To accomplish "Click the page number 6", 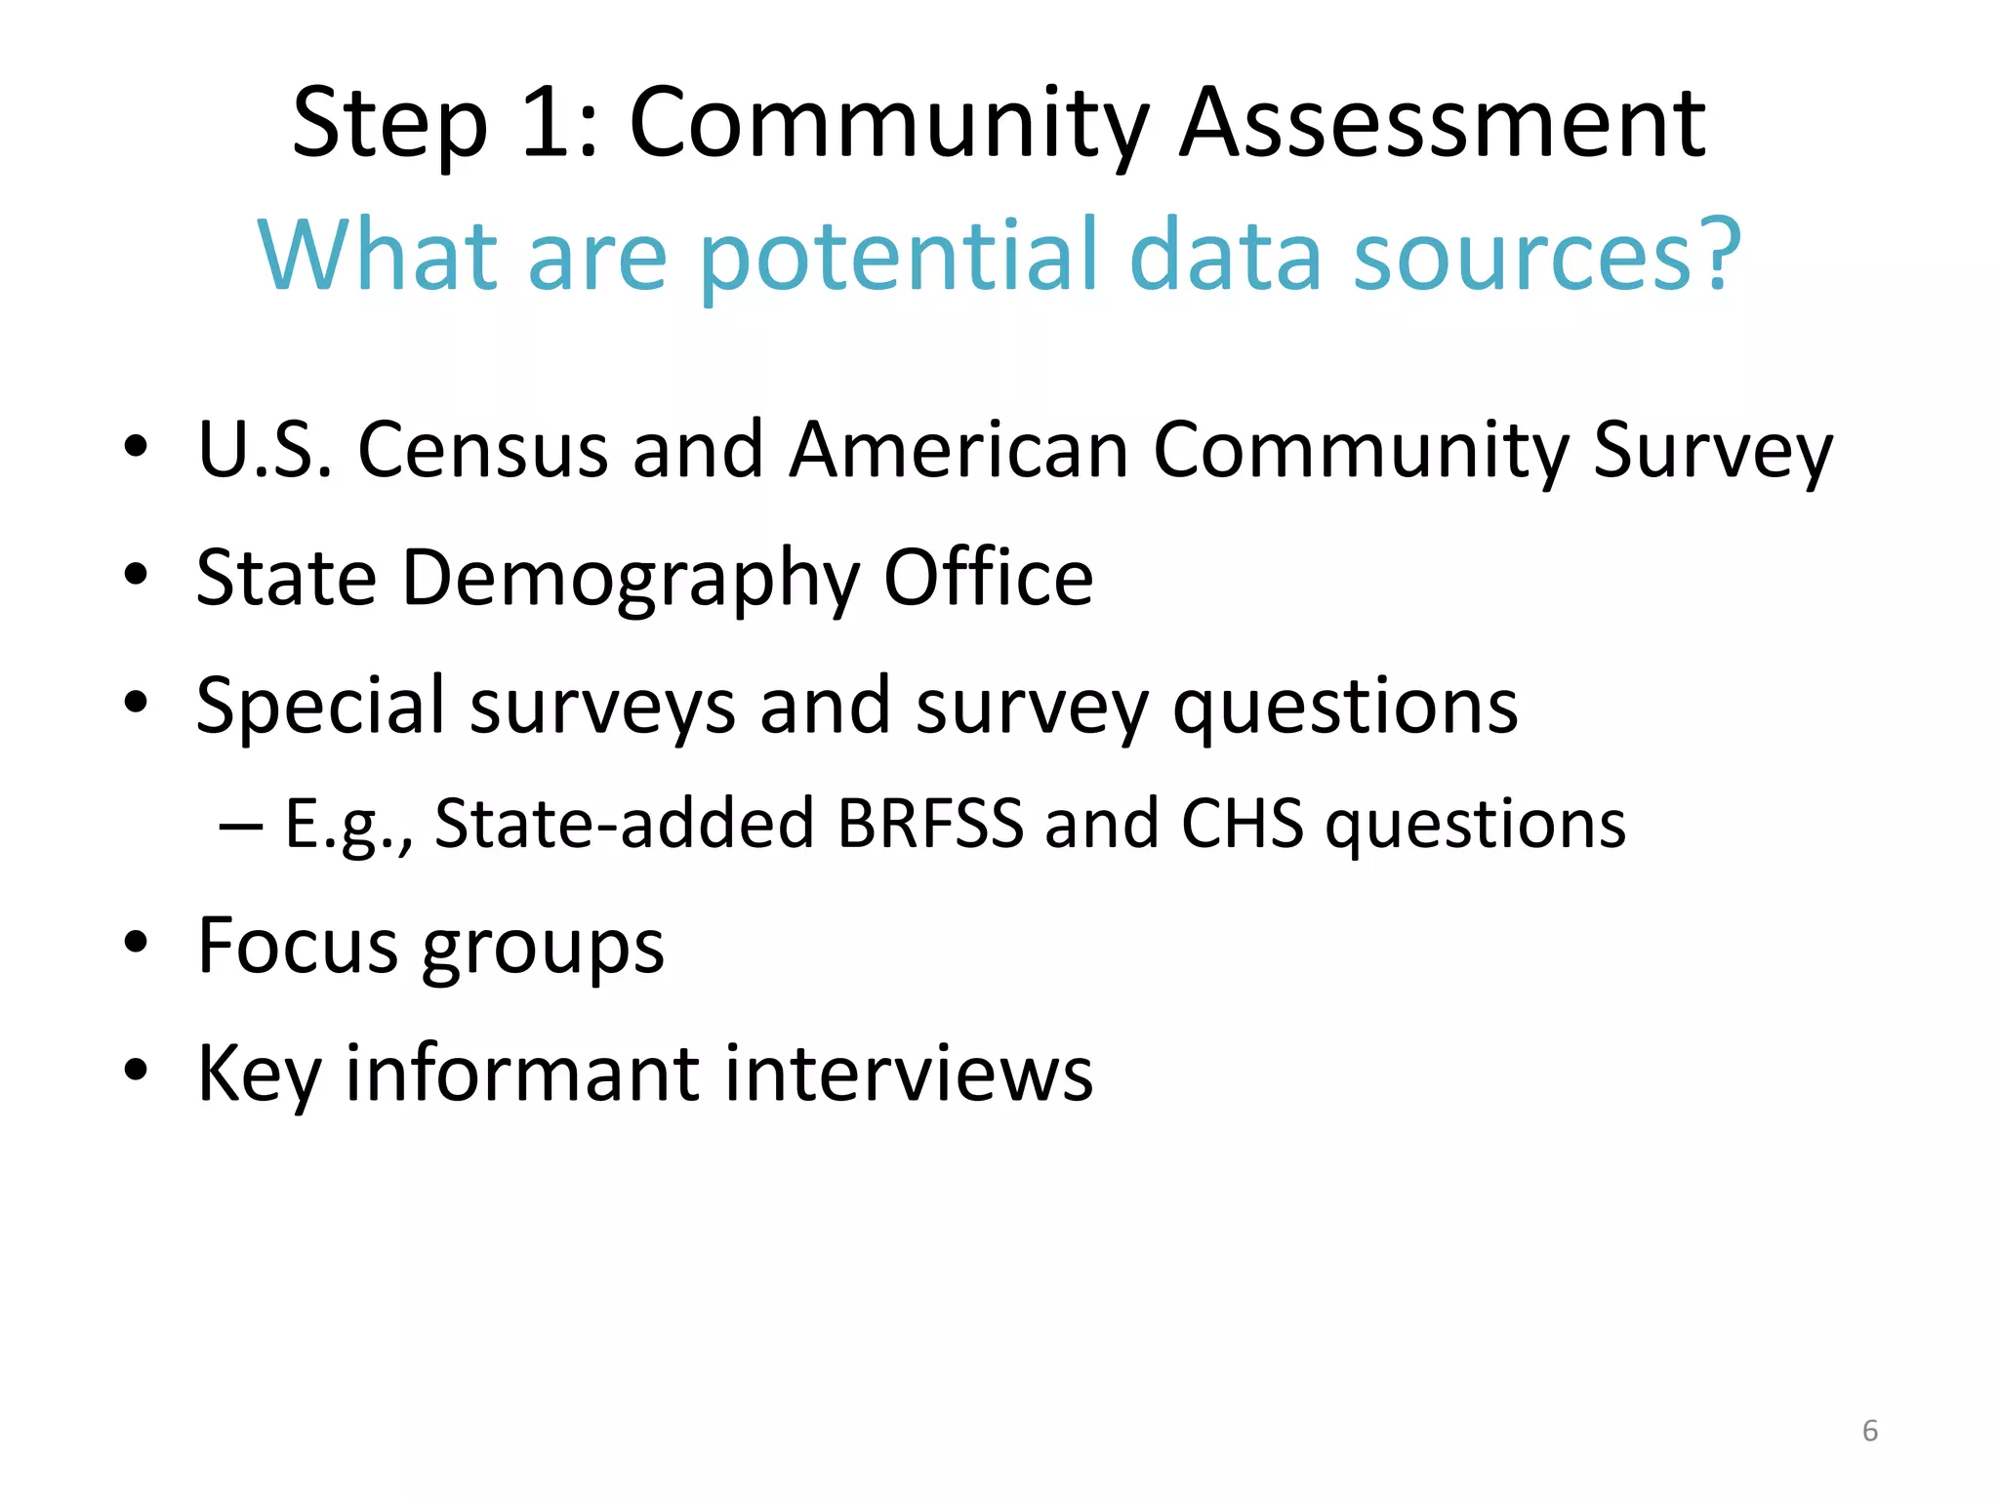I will [x=1869, y=1431].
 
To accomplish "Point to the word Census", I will [x=483, y=450].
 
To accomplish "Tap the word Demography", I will [x=631, y=579].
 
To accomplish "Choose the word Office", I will [x=988, y=577].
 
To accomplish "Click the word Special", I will [x=320, y=706].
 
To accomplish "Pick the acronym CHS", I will [x=1242, y=823].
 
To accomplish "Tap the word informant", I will [x=522, y=1073].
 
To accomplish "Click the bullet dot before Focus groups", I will [x=136, y=943].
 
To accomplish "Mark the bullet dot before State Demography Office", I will [x=136, y=575].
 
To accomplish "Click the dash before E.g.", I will [x=241, y=825].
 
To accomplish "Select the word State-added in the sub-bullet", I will [x=624, y=823].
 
